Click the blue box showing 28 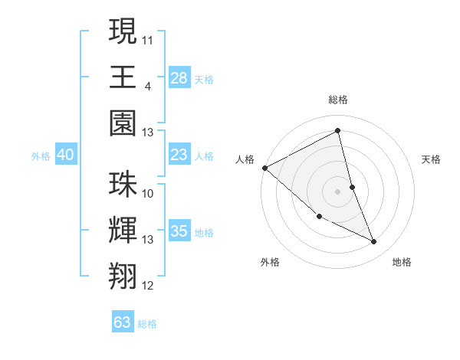pos(179,78)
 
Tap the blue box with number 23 pos(179,155)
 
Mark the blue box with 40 pos(66,155)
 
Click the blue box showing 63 pos(123,322)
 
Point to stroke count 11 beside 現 pos(149,38)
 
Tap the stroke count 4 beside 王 pos(147,85)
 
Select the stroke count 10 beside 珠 pos(149,193)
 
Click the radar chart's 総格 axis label pos(338,100)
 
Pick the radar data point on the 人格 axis pos(264,168)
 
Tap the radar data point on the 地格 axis pos(374,242)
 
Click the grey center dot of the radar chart pos(337,191)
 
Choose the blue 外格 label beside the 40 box pos(41,156)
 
